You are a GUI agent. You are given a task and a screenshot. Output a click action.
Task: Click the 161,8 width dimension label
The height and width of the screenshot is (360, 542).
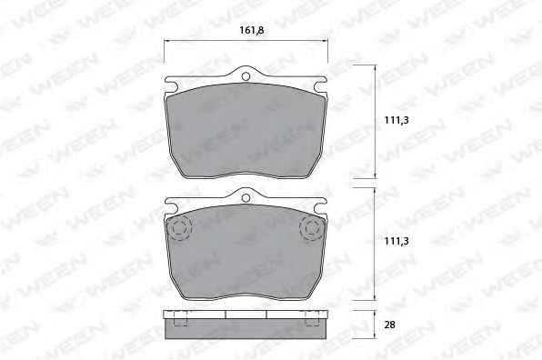tap(252, 30)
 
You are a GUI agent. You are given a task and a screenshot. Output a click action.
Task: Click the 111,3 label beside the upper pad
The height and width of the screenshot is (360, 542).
tap(396, 120)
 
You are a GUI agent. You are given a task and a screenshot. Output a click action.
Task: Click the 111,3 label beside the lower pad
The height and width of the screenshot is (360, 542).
tap(396, 241)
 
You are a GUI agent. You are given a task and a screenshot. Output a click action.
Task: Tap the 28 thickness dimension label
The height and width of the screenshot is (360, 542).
tap(389, 325)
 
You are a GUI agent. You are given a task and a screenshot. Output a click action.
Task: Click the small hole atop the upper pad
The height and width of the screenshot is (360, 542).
tap(246, 76)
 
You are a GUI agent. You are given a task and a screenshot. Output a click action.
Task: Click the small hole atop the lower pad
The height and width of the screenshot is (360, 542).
tap(246, 198)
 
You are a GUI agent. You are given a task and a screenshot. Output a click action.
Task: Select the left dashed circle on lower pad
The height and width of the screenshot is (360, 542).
tap(179, 228)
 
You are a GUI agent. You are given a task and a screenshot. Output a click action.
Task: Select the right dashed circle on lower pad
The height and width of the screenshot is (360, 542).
tap(313, 228)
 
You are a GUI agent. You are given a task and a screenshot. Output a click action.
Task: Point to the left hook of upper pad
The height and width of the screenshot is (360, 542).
tap(172, 84)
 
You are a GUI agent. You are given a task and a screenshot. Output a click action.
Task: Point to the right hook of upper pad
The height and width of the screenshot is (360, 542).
tap(320, 84)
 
